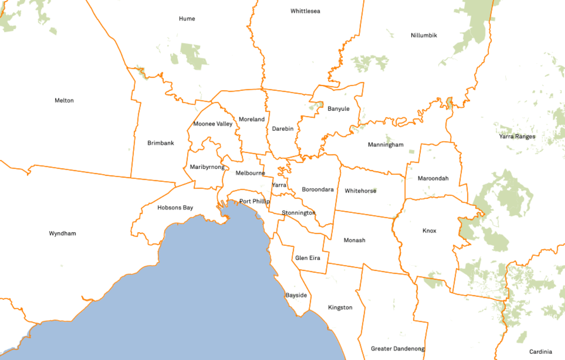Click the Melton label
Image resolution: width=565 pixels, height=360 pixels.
[x=64, y=101]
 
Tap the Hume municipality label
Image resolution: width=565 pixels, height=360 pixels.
[x=187, y=19]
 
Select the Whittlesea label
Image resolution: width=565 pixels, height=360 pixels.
[x=305, y=11]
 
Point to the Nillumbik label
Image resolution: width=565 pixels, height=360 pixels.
[x=424, y=35]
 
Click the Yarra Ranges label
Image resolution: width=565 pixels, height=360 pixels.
[x=517, y=136]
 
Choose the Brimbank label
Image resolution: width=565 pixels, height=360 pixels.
[x=160, y=143]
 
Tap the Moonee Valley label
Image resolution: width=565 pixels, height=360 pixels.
[x=213, y=124]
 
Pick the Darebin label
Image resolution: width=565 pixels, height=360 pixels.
[x=282, y=129]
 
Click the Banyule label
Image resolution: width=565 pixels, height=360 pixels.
[x=338, y=109]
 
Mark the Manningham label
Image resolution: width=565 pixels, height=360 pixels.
[x=385, y=145]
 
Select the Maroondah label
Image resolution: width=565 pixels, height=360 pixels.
[x=433, y=178]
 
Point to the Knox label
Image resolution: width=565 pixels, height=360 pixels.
[x=429, y=231]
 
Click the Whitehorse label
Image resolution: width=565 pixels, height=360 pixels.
[x=360, y=191]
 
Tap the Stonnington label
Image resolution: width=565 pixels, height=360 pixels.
[x=298, y=213]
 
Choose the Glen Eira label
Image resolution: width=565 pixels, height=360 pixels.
[x=307, y=258]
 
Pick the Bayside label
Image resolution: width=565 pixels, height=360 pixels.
[x=296, y=295]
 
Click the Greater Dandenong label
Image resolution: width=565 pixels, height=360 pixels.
[x=398, y=349]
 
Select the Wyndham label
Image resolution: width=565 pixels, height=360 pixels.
[x=62, y=233]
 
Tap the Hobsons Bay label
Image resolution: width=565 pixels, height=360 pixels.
[x=175, y=208]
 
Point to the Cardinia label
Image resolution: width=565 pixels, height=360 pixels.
[x=541, y=352]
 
